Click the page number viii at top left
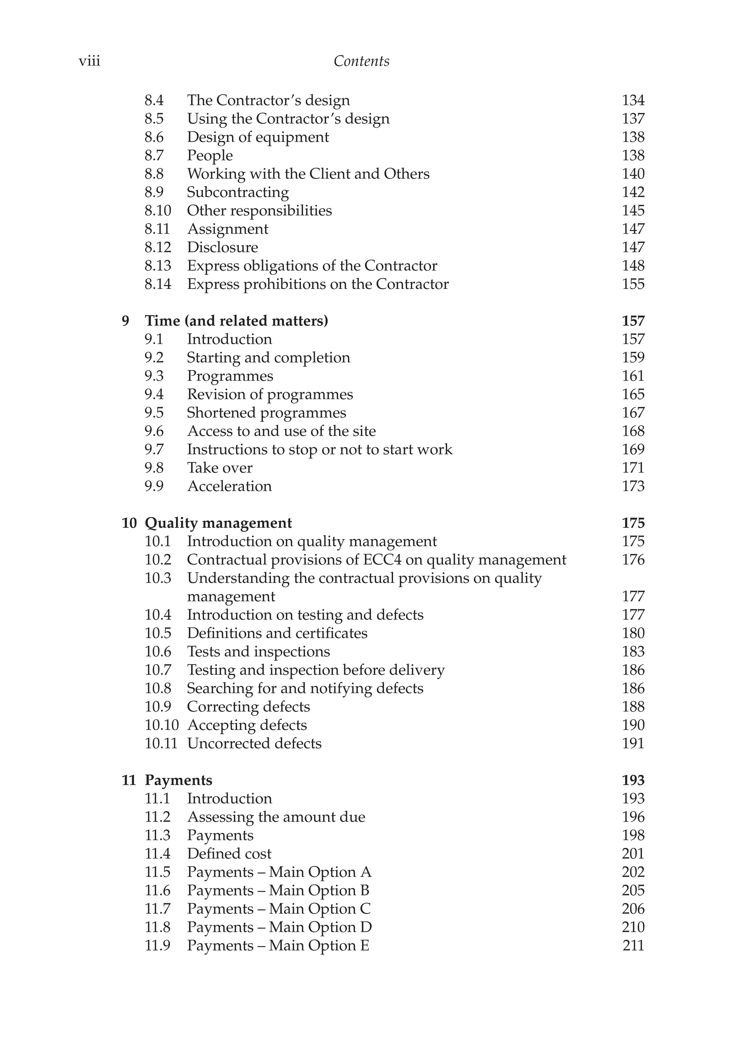89,61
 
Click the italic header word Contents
361,61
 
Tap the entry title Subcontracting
237,192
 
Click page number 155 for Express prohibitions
633,284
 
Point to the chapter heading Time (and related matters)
236,321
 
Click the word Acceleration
229,486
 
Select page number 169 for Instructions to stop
633,449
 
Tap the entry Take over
219,468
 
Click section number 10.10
161,725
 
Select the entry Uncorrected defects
254,743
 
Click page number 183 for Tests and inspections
633,652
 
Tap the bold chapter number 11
129,780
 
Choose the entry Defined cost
229,854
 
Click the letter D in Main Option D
366,927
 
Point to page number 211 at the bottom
633,945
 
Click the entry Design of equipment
258,137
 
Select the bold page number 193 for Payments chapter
633,780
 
